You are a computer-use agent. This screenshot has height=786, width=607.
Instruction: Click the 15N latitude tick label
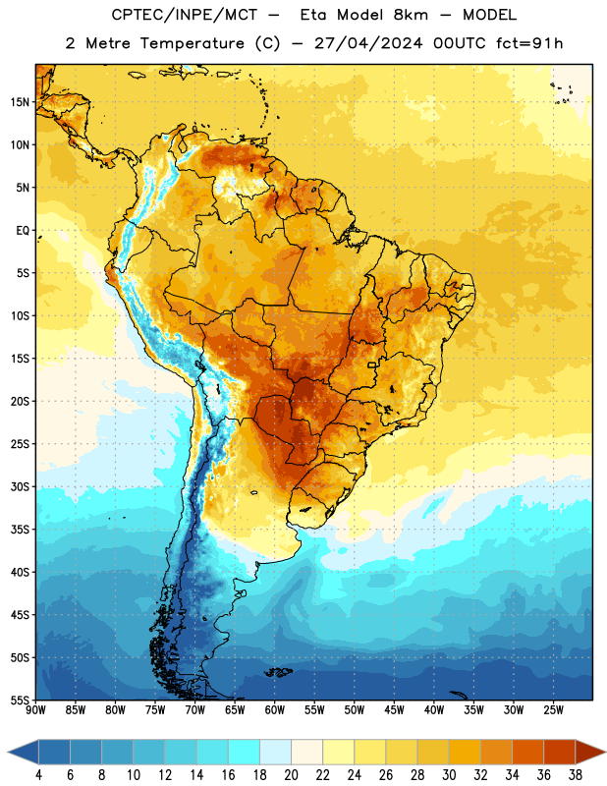click(20, 102)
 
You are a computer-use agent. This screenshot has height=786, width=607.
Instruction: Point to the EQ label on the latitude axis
click(23, 231)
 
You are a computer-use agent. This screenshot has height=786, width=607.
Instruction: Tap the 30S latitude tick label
click(20, 486)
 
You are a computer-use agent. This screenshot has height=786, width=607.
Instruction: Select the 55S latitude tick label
click(20, 701)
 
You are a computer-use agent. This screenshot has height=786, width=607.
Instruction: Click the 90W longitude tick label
click(35, 709)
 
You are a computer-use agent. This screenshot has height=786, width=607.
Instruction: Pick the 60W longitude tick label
click(275, 709)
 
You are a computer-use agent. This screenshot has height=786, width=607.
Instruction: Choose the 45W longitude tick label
click(394, 709)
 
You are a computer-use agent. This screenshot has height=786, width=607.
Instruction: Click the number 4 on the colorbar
click(38, 775)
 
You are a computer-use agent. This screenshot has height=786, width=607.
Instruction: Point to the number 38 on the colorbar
click(576, 775)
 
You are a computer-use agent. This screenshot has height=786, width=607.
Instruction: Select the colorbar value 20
click(291, 775)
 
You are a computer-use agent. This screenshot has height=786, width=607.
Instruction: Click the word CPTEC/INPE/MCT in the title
click(185, 15)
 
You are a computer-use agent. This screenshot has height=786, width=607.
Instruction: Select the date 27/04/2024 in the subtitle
click(368, 43)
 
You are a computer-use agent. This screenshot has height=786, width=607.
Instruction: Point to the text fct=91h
click(529, 43)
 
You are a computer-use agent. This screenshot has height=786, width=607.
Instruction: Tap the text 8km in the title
click(411, 15)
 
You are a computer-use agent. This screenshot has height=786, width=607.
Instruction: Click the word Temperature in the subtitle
click(192, 43)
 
